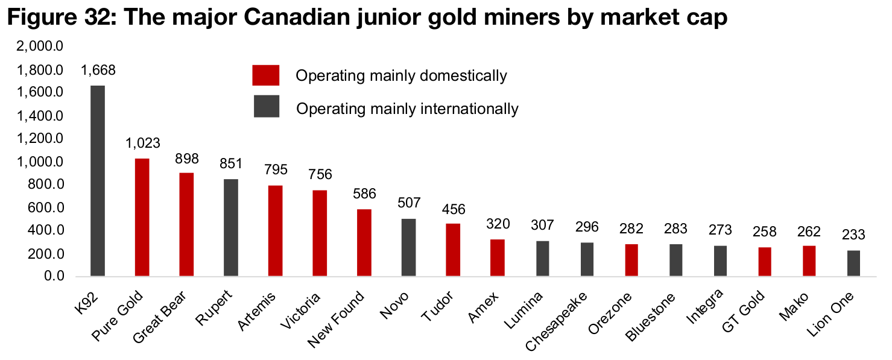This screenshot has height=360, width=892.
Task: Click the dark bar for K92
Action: point(98,181)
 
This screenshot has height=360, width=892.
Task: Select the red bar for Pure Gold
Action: point(142,217)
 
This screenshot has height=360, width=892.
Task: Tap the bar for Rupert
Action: point(231,227)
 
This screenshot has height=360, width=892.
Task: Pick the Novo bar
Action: point(409,247)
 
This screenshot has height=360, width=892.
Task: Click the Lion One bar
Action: point(854,264)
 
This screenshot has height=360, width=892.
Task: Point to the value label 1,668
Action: point(98,71)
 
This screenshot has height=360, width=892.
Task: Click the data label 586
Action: point(364,194)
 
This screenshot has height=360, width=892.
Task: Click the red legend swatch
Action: point(266,75)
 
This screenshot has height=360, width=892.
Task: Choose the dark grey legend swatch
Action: point(266,106)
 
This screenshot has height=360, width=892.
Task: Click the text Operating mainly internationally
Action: point(407,109)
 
